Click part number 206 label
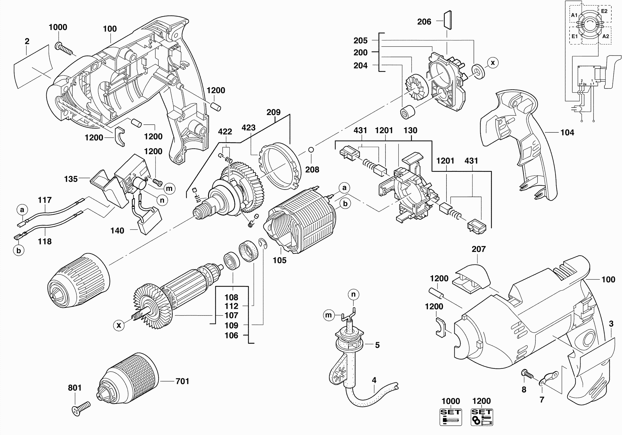[424, 22]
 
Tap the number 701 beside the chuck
[182, 381]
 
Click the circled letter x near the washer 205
[492, 63]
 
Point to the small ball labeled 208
[311, 149]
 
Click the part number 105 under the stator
[279, 260]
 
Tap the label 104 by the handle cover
[567, 132]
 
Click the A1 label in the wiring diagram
[574, 15]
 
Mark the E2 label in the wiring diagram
[604, 11]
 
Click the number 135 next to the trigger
[71, 179]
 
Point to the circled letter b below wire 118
[19, 250]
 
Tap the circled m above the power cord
[328, 315]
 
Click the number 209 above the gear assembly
[273, 112]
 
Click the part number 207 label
[479, 249]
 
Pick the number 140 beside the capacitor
[117, 231]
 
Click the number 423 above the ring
[248, 128]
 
